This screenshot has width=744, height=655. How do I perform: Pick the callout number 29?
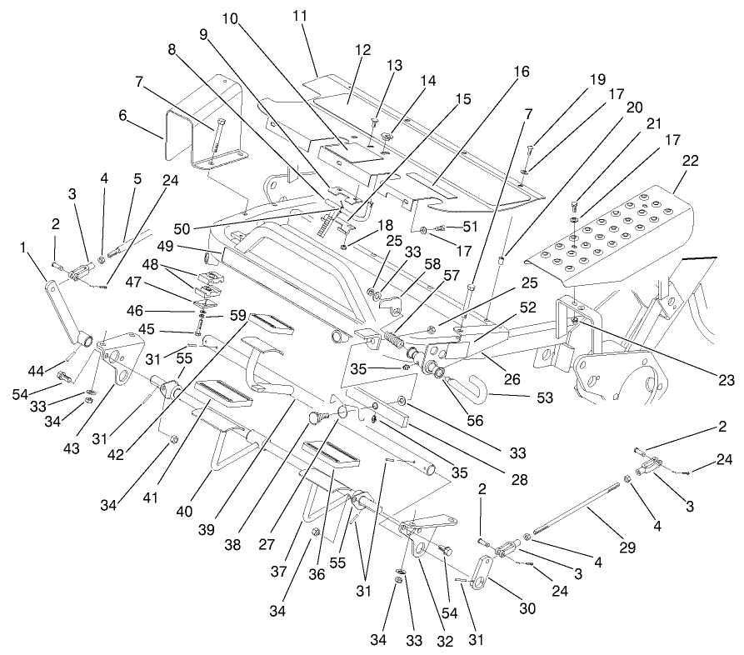627,548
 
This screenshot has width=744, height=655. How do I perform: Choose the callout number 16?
521,72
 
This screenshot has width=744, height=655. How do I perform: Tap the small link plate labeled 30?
482,576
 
